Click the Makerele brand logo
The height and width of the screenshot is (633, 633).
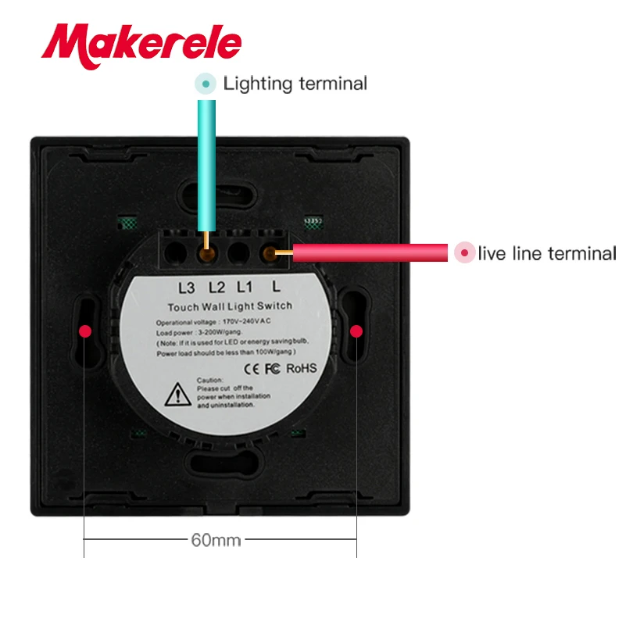pyautogui.click(x=141, y=43)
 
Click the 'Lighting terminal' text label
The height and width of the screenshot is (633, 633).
pyautogui.click(x=295, y=84)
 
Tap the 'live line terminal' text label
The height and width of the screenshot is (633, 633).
pyautogui.click(x=547, y=253)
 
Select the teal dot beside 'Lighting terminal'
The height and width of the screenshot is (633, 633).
pyautogui.click(x=206, y=84)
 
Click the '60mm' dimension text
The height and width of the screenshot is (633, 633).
pyautogui.click(x=216, y=539)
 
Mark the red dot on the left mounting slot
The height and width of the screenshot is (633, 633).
pyautogui.click(x=85, y=331)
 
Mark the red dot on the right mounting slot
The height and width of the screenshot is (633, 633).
pyautogui.click(x=356, y=331)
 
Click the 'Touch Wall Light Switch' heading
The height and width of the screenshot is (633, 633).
pyautogui.click(x=230, y=306)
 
